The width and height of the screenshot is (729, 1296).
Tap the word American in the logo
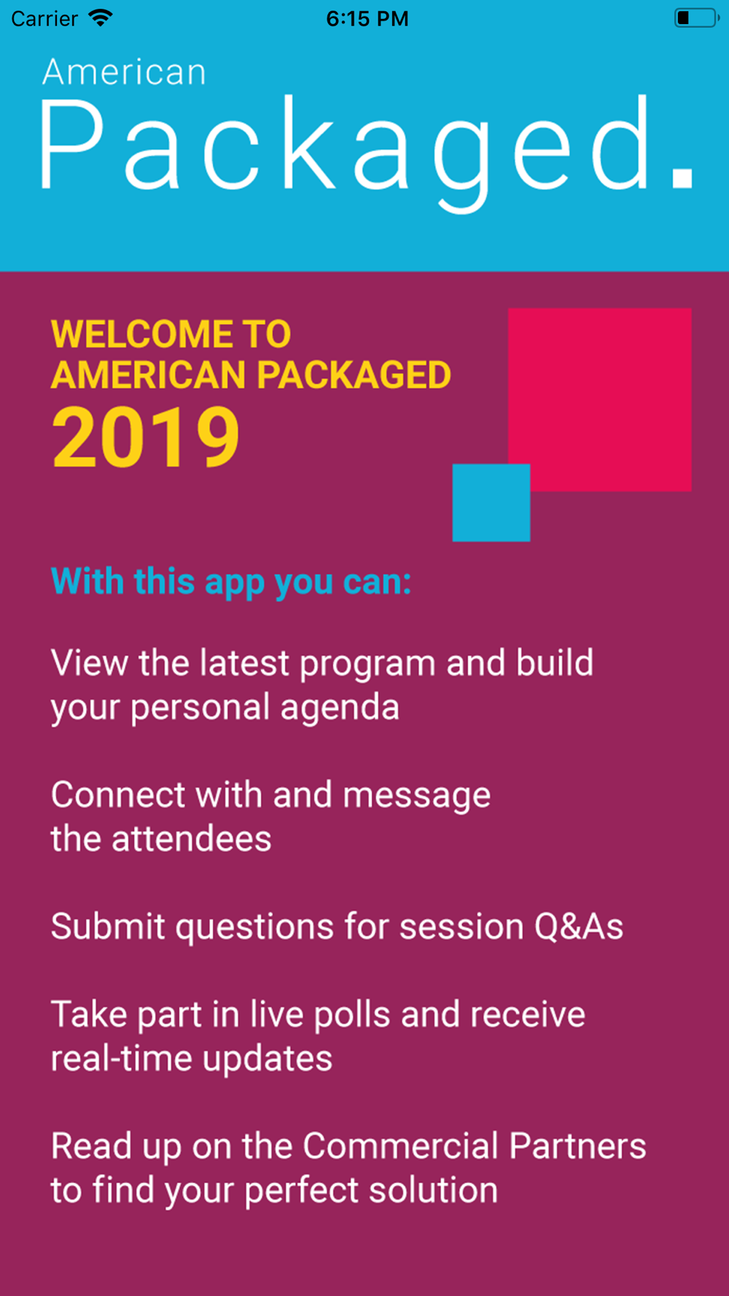[x=124, y=72]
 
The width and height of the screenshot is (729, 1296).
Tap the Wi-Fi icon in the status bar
[x=100, y=17]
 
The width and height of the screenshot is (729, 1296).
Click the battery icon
[x=697, y=17]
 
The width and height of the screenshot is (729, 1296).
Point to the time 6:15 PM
[x=367, y=18]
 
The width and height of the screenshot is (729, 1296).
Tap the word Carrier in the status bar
[x=44, y=18]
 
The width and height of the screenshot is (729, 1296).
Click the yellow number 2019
[x=146, y=437]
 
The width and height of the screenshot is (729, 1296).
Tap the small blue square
[x=491, y=503]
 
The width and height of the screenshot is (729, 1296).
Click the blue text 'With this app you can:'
[x=231, y=582]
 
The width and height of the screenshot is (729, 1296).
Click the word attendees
[x=191, y=838]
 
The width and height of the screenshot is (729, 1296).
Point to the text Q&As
[x=579, y=926]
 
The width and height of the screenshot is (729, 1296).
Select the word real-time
[x=122, y=1058]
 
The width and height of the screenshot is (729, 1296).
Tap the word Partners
[x=577, y=1145]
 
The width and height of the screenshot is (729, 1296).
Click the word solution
[x=433, y=1190]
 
